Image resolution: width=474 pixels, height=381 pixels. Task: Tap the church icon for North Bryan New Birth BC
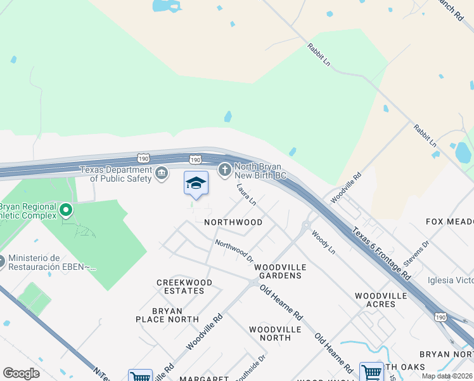click(224, 170)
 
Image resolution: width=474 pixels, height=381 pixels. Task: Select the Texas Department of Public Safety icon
click(162, 172)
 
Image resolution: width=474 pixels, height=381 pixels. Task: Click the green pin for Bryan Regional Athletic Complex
click(65, 209)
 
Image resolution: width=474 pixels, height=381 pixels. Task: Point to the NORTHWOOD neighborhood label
click(233, 222)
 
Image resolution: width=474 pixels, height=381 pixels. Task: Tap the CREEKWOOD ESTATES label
click(181, 286)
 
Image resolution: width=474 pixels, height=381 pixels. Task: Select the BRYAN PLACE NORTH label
click(163, 315)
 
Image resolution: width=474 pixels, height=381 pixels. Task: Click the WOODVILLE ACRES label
click(384, 300)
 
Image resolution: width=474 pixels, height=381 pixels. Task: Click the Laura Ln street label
click(246, 195)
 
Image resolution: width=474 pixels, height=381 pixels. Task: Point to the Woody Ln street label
click(323, 243)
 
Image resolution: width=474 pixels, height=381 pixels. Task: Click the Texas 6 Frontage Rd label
click(381, 253)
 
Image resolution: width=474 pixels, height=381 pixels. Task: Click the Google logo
click(21, 373)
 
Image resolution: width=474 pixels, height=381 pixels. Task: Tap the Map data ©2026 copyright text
click(446, 376)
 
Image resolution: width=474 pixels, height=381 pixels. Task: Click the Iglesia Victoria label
click(451, 280)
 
